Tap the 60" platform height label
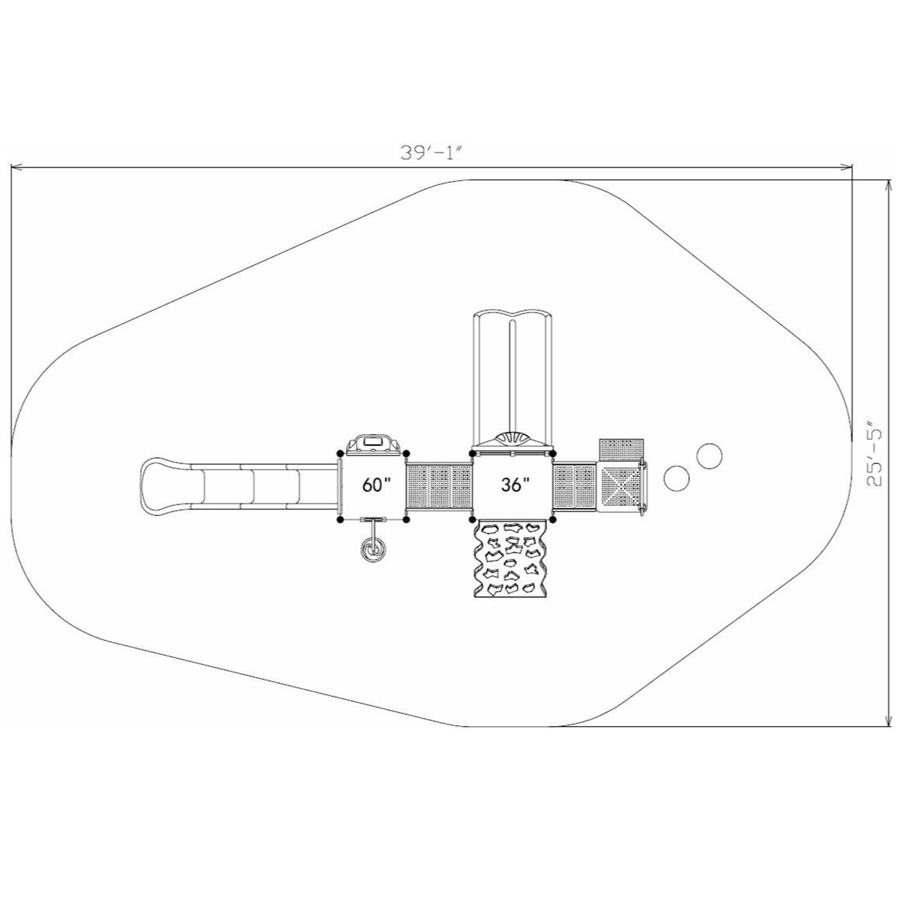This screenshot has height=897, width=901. click(x=376, y=485)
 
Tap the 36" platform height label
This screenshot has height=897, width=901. click(x=516, y=485)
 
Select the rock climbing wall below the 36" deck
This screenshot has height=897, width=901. click(x=511, y=560)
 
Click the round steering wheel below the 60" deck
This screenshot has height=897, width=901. click(x=373, y=549)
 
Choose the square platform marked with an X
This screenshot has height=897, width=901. click(x=620, y=486)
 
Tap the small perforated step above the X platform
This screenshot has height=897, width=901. click(x=622, y=450)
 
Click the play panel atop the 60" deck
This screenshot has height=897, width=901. click(x=373, y=443)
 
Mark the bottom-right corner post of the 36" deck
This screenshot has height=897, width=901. click(x=553, y=520)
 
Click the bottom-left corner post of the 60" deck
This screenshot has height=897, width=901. click(x=341, y=520)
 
